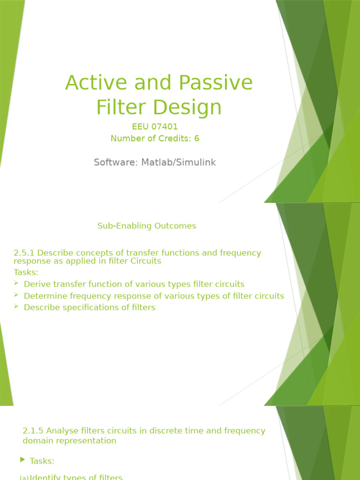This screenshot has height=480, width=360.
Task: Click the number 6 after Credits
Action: (x=197, y=138)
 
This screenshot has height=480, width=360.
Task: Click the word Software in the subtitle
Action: (x=114, y=163)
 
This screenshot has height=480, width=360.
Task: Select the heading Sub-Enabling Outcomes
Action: (x=147, y=226)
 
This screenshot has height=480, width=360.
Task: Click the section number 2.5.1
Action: (x=24, y=253)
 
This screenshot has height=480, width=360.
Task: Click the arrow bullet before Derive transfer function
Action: (x=16, y=284)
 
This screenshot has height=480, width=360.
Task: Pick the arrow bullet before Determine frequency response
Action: (x=16, y=295)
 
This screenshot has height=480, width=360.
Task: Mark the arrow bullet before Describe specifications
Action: (x=16, y=307)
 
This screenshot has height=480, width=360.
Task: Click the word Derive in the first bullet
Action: (x=35, y=284)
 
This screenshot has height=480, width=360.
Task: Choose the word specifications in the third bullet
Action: (x=90, y=307)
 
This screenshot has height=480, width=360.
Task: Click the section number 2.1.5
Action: (x=33, y=431)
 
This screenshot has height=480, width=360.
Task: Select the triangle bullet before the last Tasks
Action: (x=23, y=460)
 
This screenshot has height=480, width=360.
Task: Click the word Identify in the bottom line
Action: (x=45, y=477)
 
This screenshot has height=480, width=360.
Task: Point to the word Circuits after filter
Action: (x=146, y=261)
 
